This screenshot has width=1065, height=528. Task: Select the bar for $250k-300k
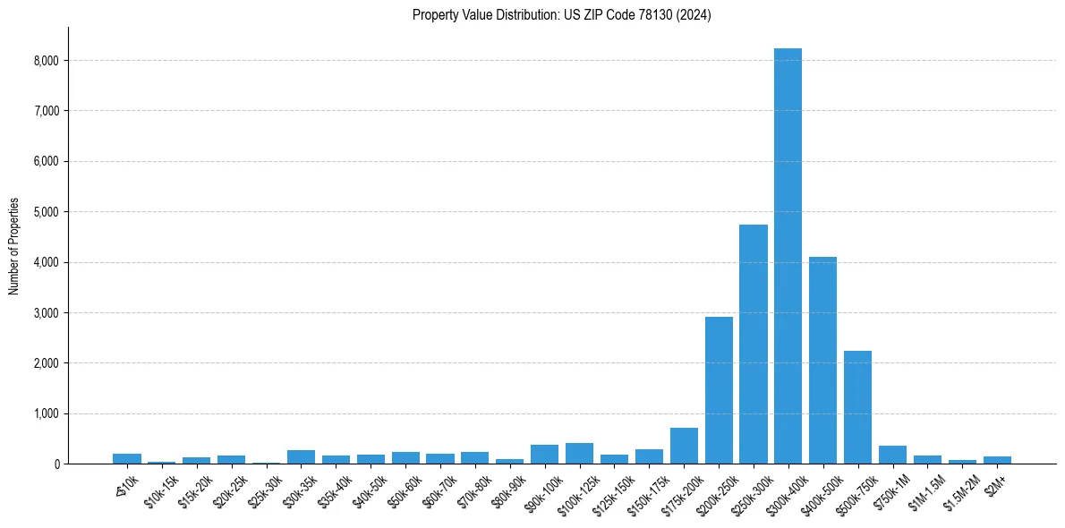pyautogui.click(x=753, y=345)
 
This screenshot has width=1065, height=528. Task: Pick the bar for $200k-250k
pyautogui.click(x=719, y=390)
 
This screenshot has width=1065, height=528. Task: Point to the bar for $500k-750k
pyautogui.click(x=857, y=407)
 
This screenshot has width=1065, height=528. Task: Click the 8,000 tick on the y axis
pyautogui.click(x=46, y=61)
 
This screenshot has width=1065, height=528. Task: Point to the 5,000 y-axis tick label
pyautogui.click(x=46, y=212)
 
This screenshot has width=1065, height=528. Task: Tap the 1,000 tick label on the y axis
pyautogui.click(x=46, y=413)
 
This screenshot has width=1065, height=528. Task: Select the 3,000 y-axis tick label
pyautogui.click(x=46, y=313)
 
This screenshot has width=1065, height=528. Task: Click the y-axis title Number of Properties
pyautogui.click(x=14, y=246)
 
